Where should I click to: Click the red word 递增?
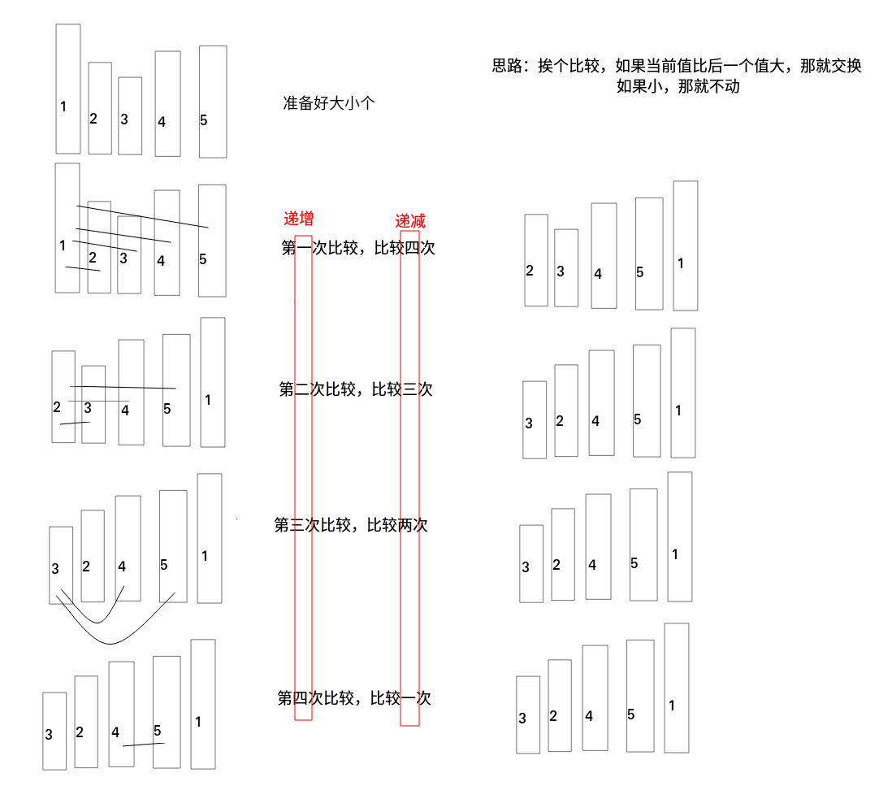[298, 219]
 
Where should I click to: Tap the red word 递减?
[410, 221]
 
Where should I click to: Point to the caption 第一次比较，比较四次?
[358, 248]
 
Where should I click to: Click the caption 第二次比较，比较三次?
[356, 389]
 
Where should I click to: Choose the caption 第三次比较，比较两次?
[351, 524]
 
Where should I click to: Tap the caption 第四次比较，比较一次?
[354, 697]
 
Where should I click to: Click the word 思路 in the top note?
[510, 67]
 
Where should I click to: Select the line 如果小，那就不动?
[678, 86]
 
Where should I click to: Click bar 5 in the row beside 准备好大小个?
[213, 101]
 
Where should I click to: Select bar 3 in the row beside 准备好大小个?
[130, 115]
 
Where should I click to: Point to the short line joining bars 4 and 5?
[144, 745]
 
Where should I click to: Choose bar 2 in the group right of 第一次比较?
[536, 260]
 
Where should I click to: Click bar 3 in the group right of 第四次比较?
[528, 714]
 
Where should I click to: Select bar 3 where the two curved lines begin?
[61, 564]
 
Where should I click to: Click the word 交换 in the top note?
[844, 67]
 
